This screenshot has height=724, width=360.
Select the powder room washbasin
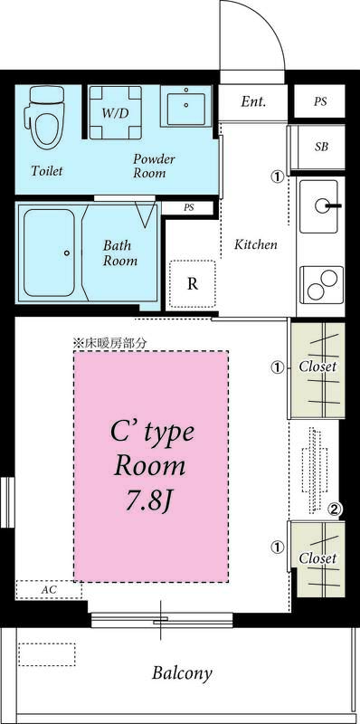(x=187, y=107)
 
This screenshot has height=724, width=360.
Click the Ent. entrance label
(x=253, y=101)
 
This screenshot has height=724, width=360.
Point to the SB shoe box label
(x=321, y=147)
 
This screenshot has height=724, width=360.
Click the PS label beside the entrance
(x=320, y=101)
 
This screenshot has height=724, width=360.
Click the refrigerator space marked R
(x=192, y=283)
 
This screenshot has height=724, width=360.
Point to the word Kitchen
(x=256, y=244)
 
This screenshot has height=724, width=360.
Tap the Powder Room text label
(x=154, y=166)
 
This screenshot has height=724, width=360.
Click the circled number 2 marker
(x=334, y=510)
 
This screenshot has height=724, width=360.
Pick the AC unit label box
(x=50, y=589)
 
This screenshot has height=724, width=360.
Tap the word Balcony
(x=182, y=672)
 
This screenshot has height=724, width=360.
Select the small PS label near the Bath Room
(x=189, y=207)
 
